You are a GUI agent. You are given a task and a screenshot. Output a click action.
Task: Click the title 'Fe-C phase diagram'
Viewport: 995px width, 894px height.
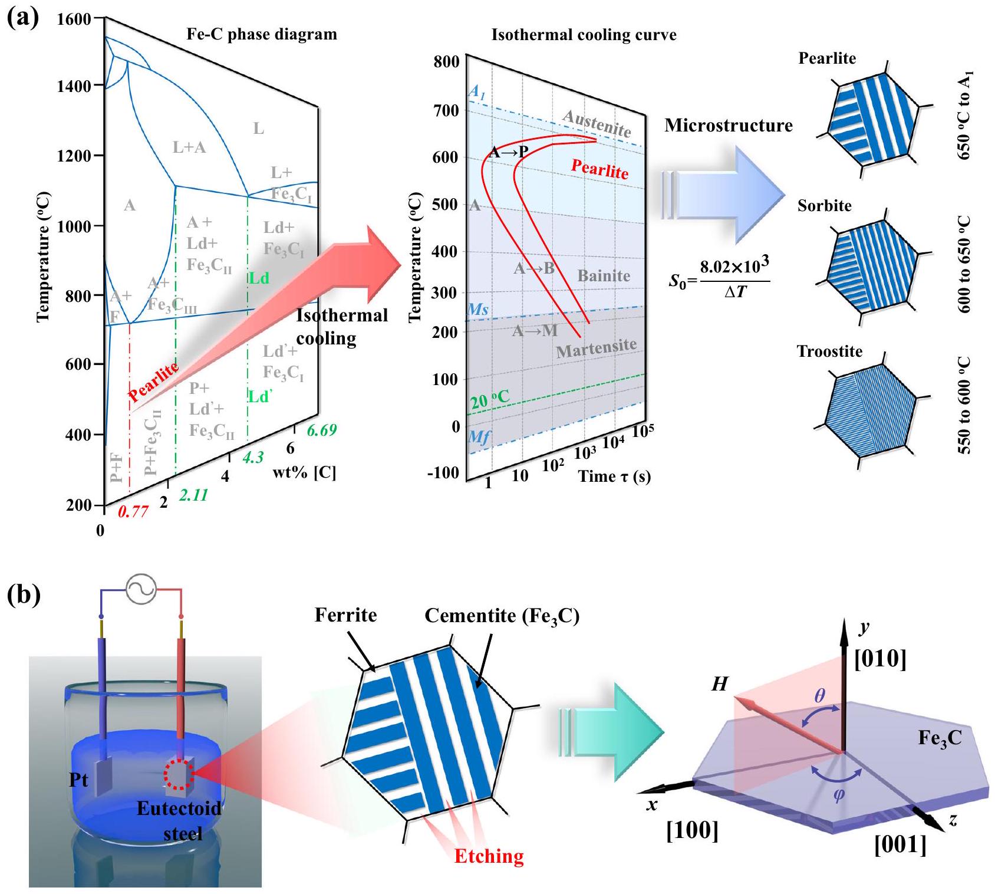click(262, 34)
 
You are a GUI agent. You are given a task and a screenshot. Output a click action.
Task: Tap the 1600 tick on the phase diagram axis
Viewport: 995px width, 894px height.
click(74, 19)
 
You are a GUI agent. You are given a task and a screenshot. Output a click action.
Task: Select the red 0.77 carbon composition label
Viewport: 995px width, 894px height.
click(133, 511)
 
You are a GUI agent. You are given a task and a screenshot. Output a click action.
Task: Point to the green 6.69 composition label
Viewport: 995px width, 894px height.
click(322, 430)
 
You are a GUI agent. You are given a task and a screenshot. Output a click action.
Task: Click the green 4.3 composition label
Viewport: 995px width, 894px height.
click(253, 457)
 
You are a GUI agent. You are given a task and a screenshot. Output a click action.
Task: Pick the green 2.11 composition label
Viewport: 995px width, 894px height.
click(193, 495)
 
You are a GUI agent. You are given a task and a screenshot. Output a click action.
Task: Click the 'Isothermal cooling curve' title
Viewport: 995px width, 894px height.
click(584, 35)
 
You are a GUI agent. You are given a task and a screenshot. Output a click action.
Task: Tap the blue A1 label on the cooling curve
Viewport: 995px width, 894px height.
click(477, 92)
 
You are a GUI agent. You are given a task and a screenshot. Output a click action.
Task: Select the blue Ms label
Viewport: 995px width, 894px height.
click(477, 310)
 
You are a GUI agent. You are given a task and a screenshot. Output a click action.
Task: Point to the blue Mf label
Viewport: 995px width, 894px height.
click(479, 437)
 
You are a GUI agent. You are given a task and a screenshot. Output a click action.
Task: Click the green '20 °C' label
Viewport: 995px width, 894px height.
click(489, 399)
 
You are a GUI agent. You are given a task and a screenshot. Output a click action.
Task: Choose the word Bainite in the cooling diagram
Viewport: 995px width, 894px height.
click(604, 276)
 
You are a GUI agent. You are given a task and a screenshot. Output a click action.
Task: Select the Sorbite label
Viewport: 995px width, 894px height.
click(824, 206)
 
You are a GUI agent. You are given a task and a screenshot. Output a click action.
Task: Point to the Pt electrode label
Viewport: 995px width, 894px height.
click(78, 780)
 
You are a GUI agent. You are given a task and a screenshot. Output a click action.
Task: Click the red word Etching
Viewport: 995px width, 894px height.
click(489, 856)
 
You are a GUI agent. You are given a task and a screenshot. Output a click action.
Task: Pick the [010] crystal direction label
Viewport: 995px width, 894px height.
click(880, 659)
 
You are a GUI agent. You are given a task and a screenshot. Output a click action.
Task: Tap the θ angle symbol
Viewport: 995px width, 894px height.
click(820, 696)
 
